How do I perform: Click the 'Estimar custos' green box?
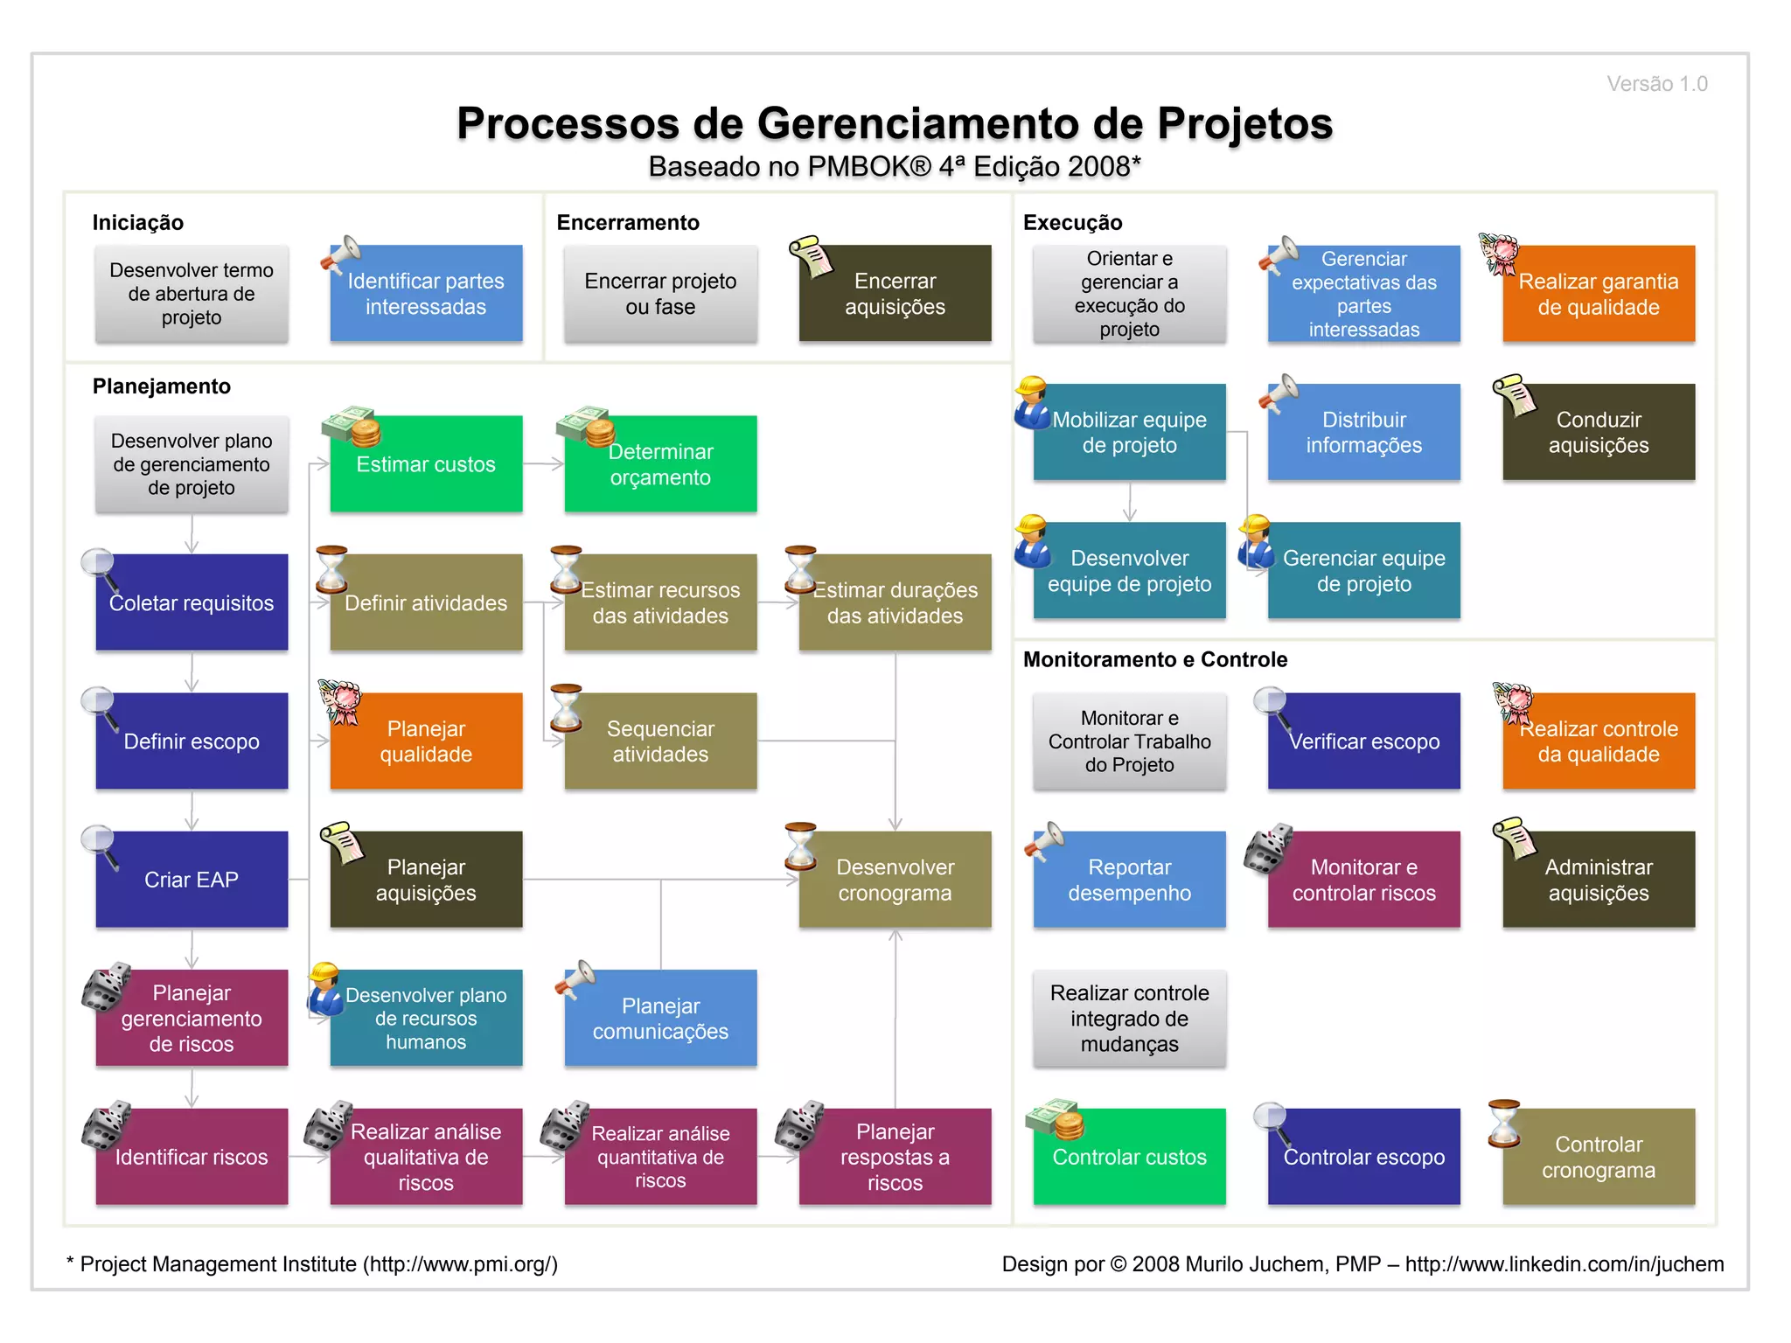pos(426,464)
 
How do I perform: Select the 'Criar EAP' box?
pos(192,880)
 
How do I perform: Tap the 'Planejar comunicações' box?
pos(660,1019)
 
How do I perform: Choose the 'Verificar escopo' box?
pos(1363,741)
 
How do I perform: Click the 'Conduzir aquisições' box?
pos(1599,432)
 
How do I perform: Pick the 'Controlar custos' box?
pos(1129,1157)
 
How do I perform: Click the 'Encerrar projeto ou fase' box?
pos(660,294)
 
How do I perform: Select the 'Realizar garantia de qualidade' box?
pos(1599,294)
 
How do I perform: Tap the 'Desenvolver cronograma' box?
pos(895,880)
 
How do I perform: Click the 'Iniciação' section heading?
pos(138,223)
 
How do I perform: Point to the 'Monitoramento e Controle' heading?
pos(1155,659)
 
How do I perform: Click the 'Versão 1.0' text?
pos(1656,84)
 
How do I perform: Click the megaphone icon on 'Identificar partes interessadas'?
pos(340,254)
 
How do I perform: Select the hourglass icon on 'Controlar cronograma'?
pos(1504,1123)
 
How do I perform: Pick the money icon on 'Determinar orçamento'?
pos(587,426)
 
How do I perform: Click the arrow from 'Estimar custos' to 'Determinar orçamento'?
pos(544,464)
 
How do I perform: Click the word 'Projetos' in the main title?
pos(1245,123)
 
